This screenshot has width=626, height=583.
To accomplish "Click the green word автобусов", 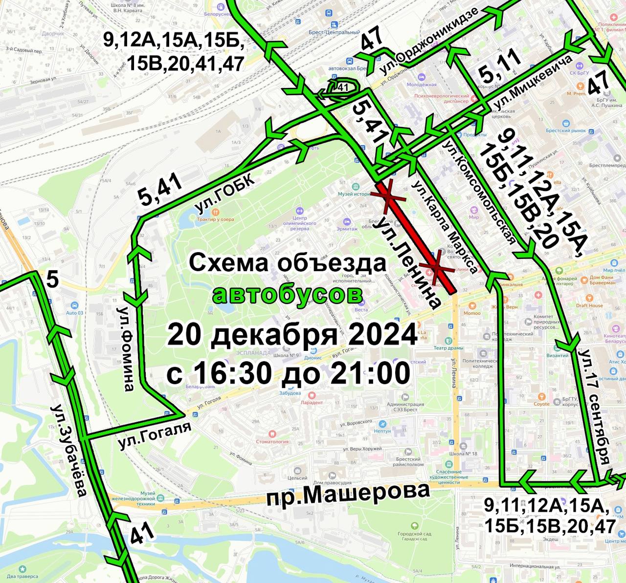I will coord(288,295).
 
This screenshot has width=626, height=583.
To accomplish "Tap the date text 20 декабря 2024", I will coord(292,335).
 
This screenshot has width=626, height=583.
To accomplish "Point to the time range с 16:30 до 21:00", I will coord(288,374).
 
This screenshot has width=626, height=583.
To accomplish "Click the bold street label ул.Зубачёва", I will coord(68,450).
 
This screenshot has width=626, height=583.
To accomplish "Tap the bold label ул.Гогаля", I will coord(155,435).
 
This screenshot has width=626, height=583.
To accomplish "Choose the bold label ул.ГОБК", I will coord(225,194).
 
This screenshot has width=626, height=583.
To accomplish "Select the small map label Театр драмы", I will coord(448,348).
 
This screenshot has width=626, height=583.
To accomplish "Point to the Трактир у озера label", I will coord(215,219).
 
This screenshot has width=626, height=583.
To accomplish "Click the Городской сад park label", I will coord(414,536).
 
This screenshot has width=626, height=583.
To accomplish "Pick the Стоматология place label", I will coord(272,441).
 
